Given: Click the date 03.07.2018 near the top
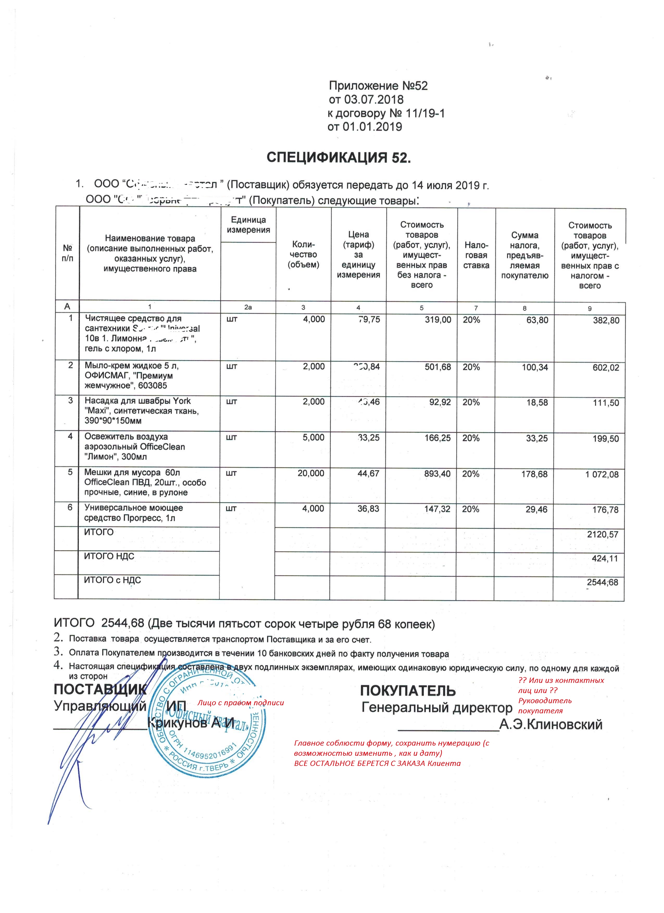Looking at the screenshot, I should (374, 99).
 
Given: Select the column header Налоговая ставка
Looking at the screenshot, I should (476, 255).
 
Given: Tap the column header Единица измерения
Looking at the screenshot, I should (248, 225).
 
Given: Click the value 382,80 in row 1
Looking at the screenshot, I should (606, 320).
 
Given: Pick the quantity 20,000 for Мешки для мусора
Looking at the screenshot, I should (311, 473).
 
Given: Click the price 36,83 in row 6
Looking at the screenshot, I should (368, 509).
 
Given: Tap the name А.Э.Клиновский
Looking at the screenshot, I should (550, 725).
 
